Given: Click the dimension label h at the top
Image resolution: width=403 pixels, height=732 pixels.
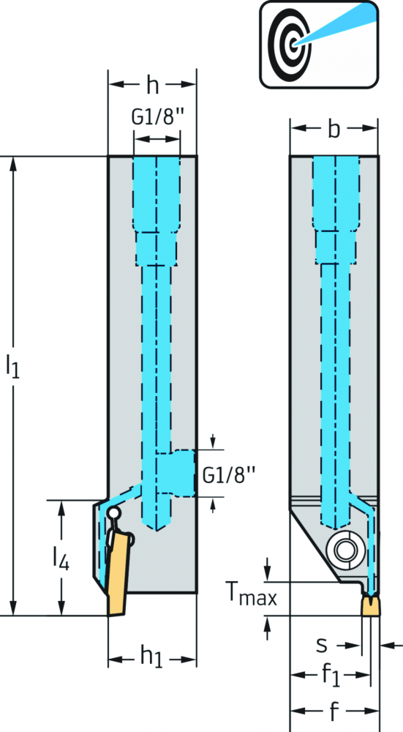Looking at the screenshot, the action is click(x=153, y=85).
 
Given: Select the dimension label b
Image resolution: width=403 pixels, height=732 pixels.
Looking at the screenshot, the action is click(x=334, y=129).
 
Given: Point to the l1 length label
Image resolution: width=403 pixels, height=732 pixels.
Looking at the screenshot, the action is click(x=12, y=365).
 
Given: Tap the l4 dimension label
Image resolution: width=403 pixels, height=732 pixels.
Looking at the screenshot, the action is click(x=61, y=559).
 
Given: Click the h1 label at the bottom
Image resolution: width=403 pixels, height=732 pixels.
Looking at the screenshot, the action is click(x=152, y=658).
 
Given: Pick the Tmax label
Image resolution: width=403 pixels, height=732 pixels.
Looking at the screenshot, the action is click(x=251, y=594).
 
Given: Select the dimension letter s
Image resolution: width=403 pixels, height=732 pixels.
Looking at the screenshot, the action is click(x=322, y=645).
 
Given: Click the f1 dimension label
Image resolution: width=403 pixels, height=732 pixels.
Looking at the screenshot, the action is click(x=331, y=676).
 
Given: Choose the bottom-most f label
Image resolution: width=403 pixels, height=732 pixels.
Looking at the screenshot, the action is click(x=334, y=711).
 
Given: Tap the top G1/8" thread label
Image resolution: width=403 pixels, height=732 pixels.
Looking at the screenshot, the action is click(x=155, y=118).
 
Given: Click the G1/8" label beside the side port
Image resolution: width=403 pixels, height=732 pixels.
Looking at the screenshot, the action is click(x=230, y=476).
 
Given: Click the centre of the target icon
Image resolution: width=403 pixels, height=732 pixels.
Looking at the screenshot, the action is click(x=292, y=45).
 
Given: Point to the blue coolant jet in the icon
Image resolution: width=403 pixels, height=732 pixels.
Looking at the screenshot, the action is click(x=336, y=26).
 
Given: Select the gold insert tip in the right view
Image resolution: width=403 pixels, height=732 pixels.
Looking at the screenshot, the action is click(x=372, y=606).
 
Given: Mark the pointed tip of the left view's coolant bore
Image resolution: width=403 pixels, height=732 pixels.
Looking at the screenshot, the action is click(x=157, y=531).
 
